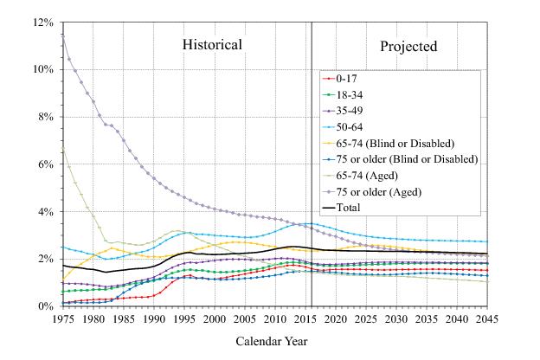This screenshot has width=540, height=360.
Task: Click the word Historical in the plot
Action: pos(212,44)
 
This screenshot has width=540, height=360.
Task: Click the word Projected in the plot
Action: pos(408,46)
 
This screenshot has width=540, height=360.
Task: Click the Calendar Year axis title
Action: pos(271,341)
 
